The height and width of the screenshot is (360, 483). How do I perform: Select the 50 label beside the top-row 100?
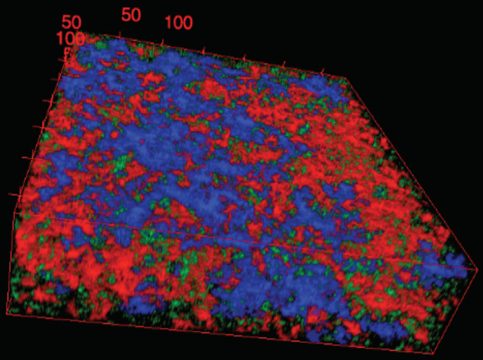131,14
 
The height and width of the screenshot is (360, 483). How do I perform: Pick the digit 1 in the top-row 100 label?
167,22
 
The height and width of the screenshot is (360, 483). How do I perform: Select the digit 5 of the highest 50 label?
126,14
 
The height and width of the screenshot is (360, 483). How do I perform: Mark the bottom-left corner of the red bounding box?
7,314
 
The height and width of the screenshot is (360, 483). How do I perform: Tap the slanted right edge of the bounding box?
416,173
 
